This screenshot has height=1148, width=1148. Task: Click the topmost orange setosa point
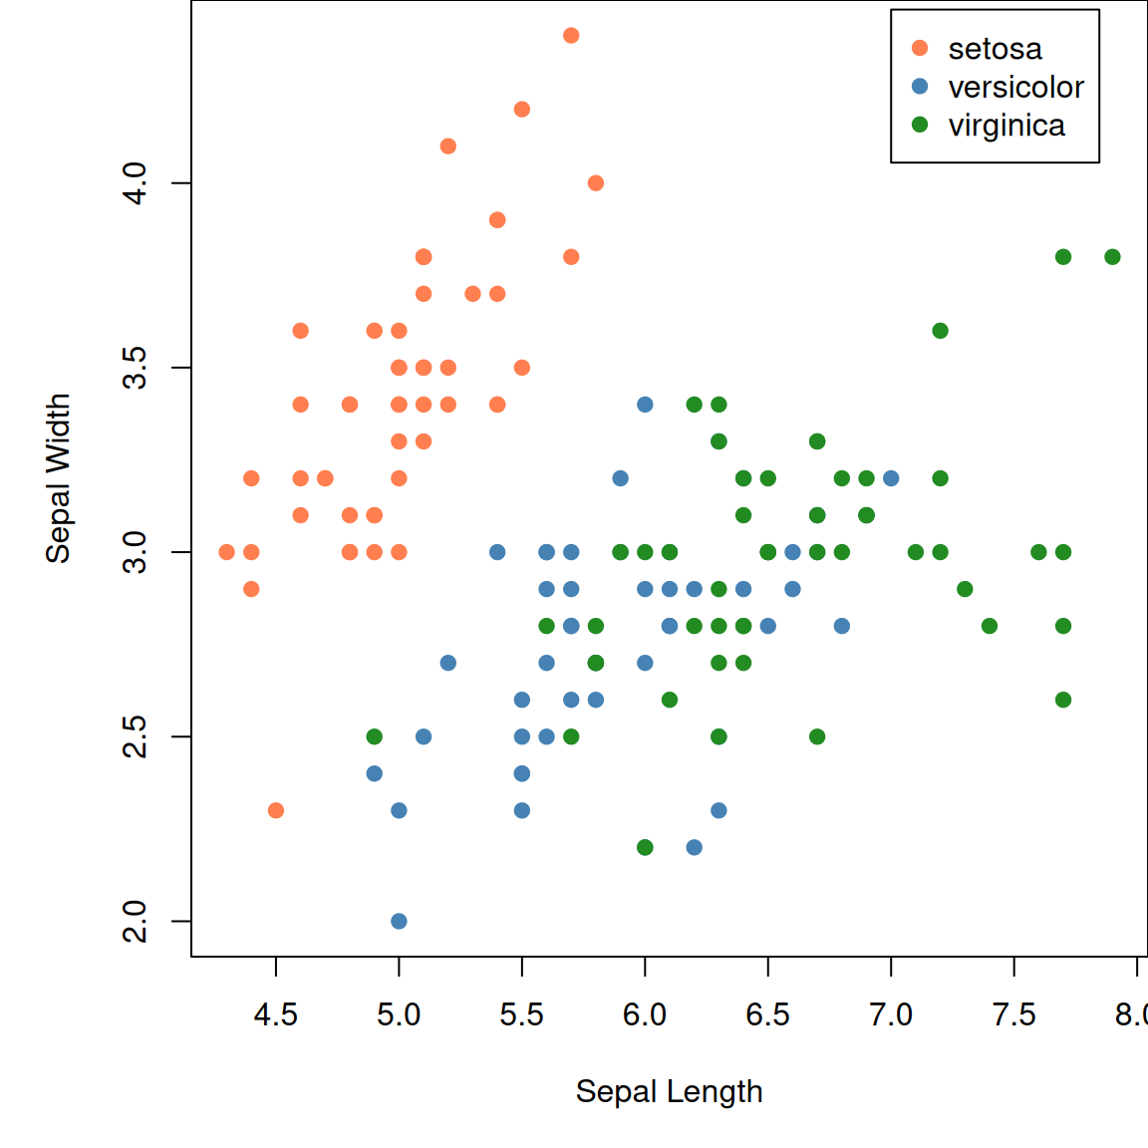point(571,36)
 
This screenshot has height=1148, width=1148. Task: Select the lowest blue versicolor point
point(399,921)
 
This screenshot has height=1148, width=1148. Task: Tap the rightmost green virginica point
point(1112,257)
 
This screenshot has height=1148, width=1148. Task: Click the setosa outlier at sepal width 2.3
point(276,810)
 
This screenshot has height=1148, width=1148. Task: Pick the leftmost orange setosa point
point(227,552)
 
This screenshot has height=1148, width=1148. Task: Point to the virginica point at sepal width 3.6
point(940,331)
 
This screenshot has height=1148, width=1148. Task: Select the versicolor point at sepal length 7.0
point(891,478)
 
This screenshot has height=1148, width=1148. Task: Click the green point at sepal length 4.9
point(375,736)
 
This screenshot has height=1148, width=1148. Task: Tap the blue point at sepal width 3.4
point(645,405)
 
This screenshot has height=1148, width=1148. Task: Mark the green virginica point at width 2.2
point(645,847)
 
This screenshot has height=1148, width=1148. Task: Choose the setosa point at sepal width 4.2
point(521,110)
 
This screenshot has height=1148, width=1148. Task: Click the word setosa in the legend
point(995,49)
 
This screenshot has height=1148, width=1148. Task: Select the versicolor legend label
point(1015,88)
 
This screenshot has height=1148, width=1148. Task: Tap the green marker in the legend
point(920,125)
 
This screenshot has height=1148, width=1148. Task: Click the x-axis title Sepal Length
point(669,1091)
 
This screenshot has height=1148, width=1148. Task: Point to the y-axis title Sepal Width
point(59,478)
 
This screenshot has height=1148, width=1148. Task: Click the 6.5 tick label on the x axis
point(767,1015)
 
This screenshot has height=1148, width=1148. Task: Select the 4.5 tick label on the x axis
point(276,1015)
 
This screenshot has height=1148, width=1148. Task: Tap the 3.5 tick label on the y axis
point(135,368)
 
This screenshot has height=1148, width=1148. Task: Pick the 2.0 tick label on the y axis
point(135,921)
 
